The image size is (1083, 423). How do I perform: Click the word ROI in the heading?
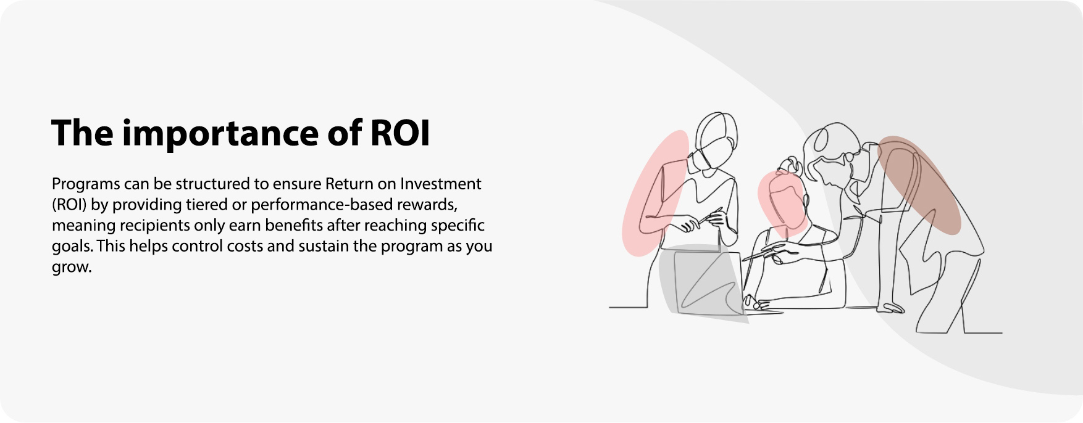[x=400, y=133]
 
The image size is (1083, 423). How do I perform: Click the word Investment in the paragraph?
[x=440, y=184]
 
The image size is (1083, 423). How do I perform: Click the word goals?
[x=72, y=247]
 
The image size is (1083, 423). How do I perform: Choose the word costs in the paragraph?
[x=246, y=247]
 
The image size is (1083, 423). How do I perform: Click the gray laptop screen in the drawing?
[x=706, y=282]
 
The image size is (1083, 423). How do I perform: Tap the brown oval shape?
[x=919, y=185]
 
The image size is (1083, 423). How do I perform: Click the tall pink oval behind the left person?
[x=656, y=193]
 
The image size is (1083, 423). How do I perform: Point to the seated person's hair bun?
[x=790, y=165]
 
